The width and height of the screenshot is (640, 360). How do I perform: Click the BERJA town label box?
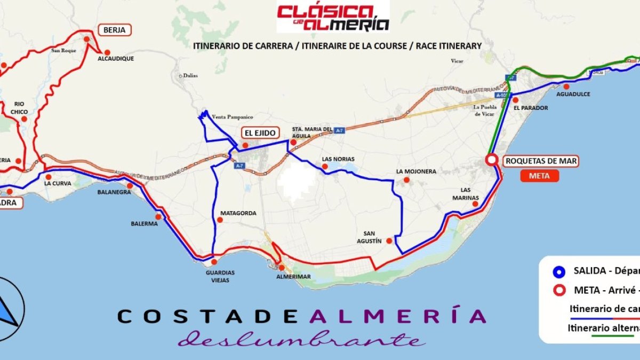pyautogui.click(x=115, y=30)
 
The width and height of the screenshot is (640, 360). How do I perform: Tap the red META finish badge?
pyautogui.click(x=539, y=176)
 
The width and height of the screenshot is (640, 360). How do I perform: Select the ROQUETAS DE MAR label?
pyautogui.click(x=541, y=161)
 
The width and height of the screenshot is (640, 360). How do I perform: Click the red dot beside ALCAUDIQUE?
pyautogui.click(x=107, y=52)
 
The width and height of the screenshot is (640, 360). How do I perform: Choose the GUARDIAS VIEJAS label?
pyautogui.click(x=220, y=276)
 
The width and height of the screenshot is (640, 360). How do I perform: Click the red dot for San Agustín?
pyautogui.click(x=389, y=241)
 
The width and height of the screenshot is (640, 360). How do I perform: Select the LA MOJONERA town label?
pyautogui.click(x=416, y=171)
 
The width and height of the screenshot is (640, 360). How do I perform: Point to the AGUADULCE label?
pyautogui.click(x=573, y=94)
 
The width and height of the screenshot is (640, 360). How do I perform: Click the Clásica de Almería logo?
pyautogui.click(x=333, y=17)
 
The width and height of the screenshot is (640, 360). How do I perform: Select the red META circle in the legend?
pyautogui.click(x=558, y=291)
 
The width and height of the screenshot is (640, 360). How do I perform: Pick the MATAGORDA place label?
pyautogui.click(x=238, y=213)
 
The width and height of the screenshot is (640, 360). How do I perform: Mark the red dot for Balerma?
pyautogui.click(x=158, y=217)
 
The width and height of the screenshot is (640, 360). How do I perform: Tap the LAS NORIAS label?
pyautogui.click(x=338, y=159)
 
